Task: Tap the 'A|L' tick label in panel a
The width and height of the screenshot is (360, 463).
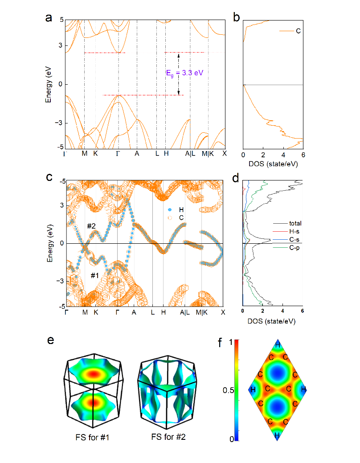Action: [x=190, y=153]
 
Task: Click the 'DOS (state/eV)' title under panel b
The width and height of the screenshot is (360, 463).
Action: [x=272, y=164]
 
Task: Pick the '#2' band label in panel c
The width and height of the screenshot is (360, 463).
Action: [x=91, y=226]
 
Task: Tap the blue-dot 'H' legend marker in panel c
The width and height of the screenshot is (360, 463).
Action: [x=169, y=209]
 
